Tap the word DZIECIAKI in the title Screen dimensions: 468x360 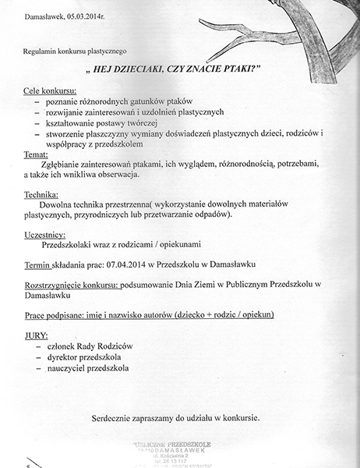coord(136,69)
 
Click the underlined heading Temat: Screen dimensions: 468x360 coord(35,154)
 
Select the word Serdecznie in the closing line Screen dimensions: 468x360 coord(118,417)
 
